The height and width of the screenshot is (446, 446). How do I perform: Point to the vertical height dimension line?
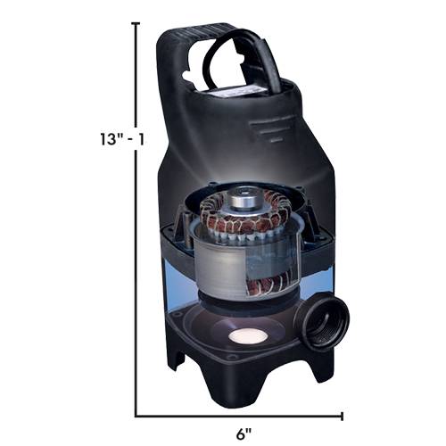tap(136, 268)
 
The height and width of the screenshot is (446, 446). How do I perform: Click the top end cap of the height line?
tap(136, 24)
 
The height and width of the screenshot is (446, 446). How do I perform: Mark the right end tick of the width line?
tap(343, 415)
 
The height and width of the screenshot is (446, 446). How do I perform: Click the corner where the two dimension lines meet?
tap(136, 415)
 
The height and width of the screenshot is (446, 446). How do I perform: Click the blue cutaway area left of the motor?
tap(178, 277)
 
